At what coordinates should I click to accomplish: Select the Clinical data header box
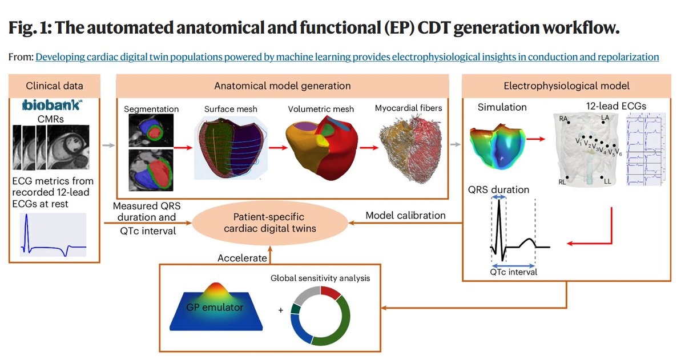(55, 86)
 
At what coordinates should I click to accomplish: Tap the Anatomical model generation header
(283, 86)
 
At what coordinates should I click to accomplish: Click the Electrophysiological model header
(566, 86)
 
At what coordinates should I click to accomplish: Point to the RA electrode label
(564, 119)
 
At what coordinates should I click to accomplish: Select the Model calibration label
(406, 216)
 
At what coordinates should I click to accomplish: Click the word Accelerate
(242, 258)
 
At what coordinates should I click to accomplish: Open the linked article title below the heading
(347, 57)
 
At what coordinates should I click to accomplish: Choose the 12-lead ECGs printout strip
(647, 149)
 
